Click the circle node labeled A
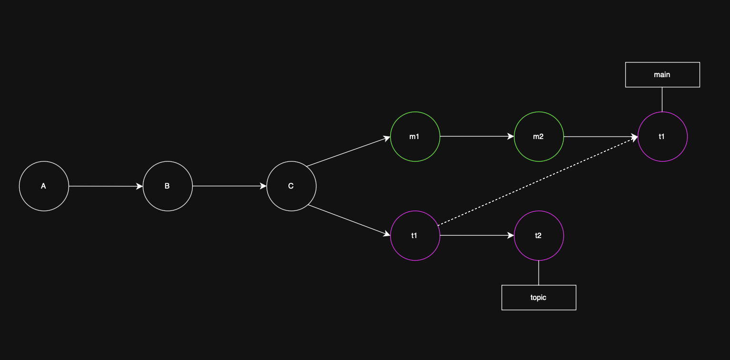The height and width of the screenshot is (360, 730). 44,186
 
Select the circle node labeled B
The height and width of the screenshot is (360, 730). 168,186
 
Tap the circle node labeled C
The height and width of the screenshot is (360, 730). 291,186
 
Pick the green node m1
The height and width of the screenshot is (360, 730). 415,137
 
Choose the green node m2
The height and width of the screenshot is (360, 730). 539,137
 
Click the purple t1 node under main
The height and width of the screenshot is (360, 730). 662,137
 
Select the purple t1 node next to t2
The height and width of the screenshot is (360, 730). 415,236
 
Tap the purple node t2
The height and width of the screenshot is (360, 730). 539,236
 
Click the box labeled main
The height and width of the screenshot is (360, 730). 662,75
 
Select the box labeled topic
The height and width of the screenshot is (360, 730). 539,298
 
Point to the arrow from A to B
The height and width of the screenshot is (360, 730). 106,186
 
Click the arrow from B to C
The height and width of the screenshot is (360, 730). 229,186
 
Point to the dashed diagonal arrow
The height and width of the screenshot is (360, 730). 538,181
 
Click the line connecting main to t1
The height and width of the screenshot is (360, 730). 662,100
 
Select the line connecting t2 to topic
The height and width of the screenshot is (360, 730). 539,273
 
